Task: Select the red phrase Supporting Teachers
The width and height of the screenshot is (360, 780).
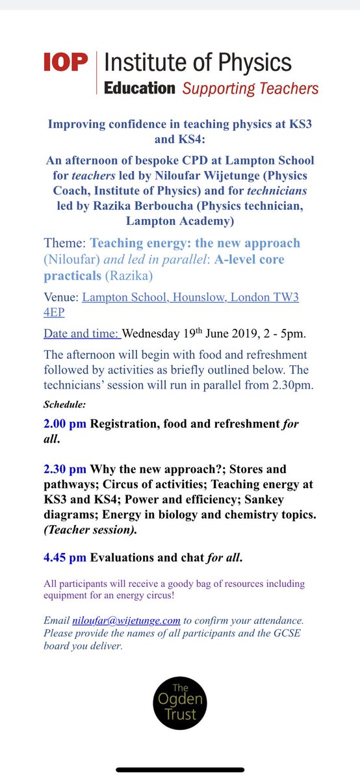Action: [250, 88]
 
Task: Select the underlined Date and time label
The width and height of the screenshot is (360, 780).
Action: [81, 334]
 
